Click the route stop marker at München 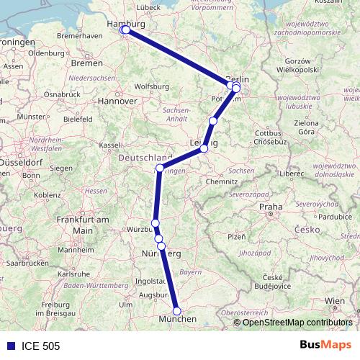pyautogui.click(x=177, y=311)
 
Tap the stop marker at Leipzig pyautogui.click(x=204, y=148)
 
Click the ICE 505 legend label pyautogui.click(x=40, y=346)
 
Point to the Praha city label pyautogui.click(x=271, y=207)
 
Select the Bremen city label pyautogui.click(x=86, y=63)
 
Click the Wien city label pyautogui.click(x=335, y=300)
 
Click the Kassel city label pyautogui.click(x=109, y=145)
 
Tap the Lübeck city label pyautogui.click(x=148, y=7)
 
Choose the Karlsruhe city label pyautogui.click(x=73, y=274)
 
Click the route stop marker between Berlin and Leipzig pyautogui.click(x=212, y=121)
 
